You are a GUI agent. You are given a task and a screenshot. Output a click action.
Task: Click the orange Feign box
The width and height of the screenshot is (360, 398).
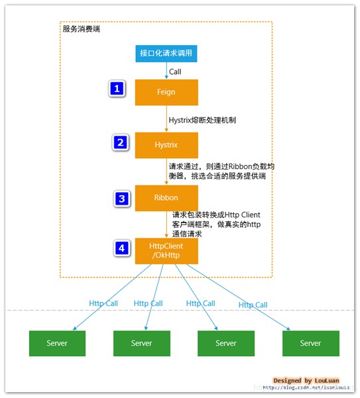pyautogui.click(x=166, y=92)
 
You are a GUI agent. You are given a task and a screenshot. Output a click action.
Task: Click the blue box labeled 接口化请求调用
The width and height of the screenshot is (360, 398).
pyautogui.click(x=166, y=54)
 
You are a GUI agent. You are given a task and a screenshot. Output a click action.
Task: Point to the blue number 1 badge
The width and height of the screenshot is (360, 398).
pyautogui.click(x=117, y=89)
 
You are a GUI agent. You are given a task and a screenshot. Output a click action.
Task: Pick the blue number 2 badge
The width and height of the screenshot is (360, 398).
pyautogui.click(x=120, y=142)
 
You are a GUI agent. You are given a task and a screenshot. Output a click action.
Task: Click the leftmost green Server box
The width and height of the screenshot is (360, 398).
pyautogui.click(x=57, y=343)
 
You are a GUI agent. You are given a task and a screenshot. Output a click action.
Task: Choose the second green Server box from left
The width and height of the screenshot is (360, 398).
pyautogui.click(x=141, y=343)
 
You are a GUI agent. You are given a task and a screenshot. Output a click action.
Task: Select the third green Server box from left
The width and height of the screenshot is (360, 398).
pyautogui.click(x=226, y=343)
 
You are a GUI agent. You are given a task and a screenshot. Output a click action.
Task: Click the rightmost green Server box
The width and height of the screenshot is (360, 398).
pyautogui.click(x=310, y=343)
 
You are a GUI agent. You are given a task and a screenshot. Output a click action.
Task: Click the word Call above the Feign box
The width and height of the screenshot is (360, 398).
pyautogui.click(x=175, y=72)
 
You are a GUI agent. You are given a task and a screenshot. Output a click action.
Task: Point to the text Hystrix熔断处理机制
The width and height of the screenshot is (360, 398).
pyautogui.click(x=202, y=121)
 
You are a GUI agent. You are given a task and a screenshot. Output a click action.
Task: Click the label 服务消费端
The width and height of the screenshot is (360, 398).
pyautogui.click(x=82, y=29)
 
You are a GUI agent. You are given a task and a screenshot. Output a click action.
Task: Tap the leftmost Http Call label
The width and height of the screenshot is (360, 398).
pyautogui.click(x=104, y=303)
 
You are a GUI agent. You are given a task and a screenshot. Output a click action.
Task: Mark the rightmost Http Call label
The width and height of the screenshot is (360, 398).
pyautogui.click(x=253, y=305)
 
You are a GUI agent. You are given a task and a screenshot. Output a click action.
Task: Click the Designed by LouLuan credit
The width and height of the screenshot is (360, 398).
pyautogui.click(x=306, y=381)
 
